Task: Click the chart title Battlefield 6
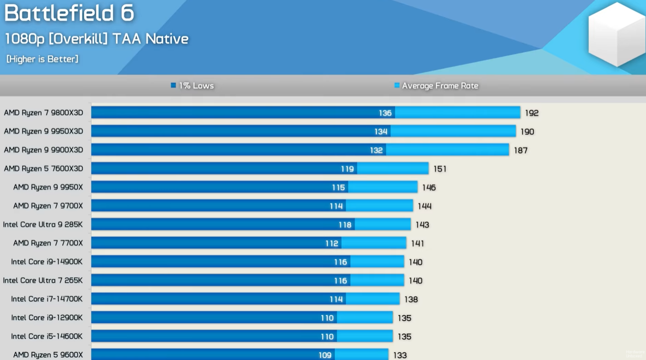click(x=69, y=13)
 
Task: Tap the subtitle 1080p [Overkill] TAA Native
click(x=97, y=39)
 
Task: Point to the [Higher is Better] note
click(x=42, y=59)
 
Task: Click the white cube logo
click(x=616, y=34)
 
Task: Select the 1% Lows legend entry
click(x=193, y=85)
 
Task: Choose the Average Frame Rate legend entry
click(x=436, y=85)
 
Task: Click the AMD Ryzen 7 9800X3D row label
click(x=44, y=112)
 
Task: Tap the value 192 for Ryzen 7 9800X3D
click(x=531, y=113)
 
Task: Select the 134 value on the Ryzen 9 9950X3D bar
click(x=381, y=131)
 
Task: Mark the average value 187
click(x=520, y=150)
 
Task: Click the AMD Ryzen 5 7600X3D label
click(x=44, y=168)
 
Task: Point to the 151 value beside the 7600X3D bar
click(x=440, y=169)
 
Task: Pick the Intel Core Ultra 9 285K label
click(x=43, y=224)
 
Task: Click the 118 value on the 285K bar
click(x=345, y=225)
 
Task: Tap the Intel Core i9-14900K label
click(x=47, y=261)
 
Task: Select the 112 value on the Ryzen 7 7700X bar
click(x=332, y=243)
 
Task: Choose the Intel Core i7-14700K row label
click(x=47, y=299)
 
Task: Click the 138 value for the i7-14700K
click(x=411, y=299)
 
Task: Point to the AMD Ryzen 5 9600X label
click(x=48, y=354)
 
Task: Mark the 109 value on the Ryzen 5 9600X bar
click(x=325, y=355)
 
